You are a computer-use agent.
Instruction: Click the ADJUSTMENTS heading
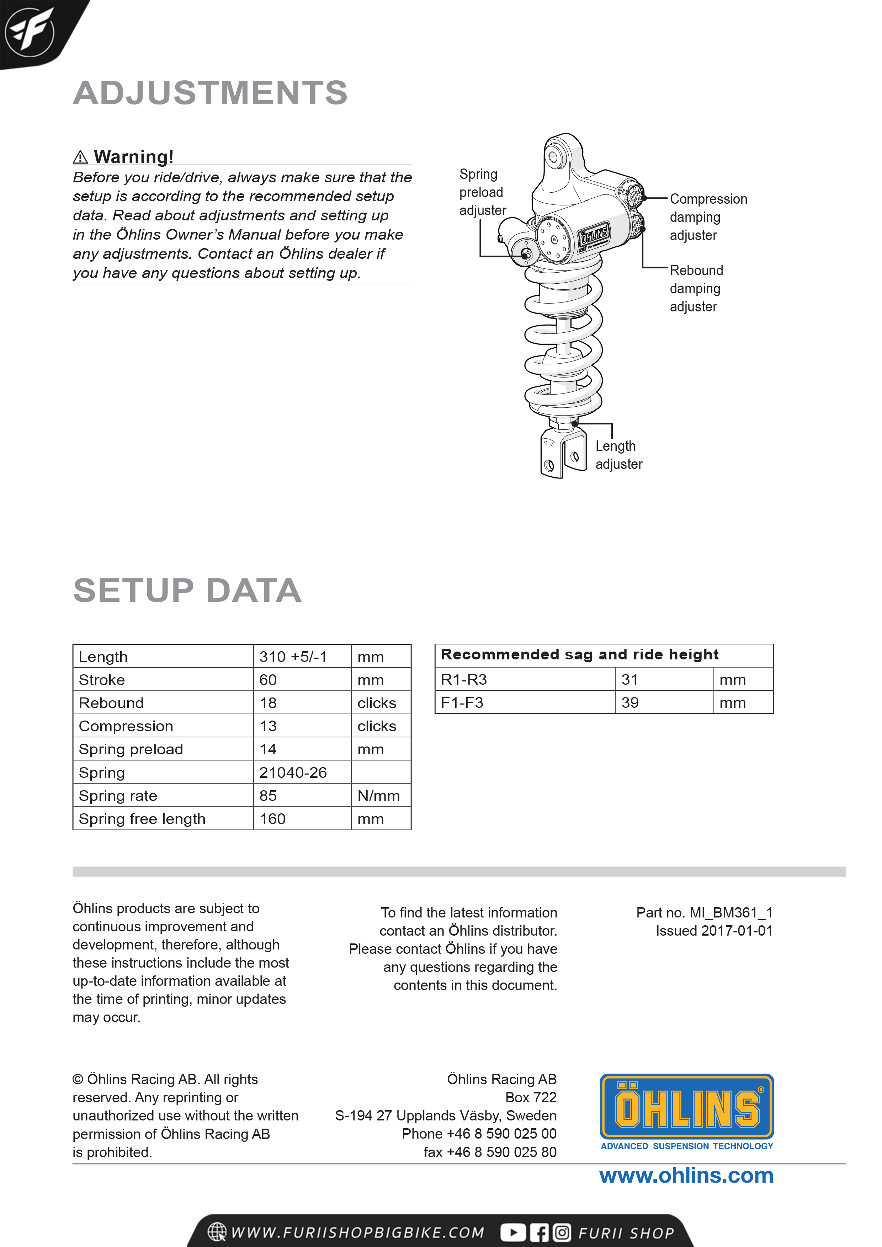[210, 93]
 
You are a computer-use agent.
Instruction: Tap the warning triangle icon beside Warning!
[80, 157]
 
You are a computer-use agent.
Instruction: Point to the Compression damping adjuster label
[708, 217]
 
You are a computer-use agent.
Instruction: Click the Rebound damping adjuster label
[696, 288]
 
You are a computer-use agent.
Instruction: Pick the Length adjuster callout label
[618, 455]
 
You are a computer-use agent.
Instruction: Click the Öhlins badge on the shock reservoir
[594, 235]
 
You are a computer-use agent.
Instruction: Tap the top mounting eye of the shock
[553, 157]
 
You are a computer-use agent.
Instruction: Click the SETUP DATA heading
[187, 590]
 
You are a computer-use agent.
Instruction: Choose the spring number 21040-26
[293, 772]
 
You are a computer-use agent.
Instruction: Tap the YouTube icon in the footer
[512, 1232]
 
